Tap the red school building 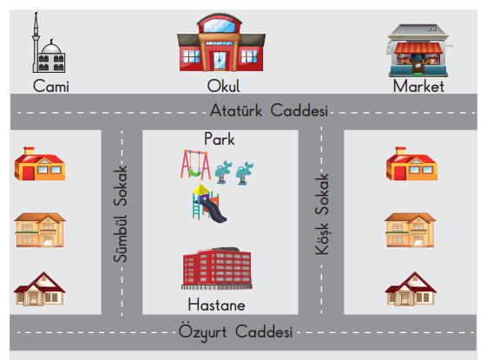tap(221, 43)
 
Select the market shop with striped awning tap(418, 50)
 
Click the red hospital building tap(217, 268)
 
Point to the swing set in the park tap(195, 165)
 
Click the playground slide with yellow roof tap(208, 204)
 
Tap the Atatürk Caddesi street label tap(268, 110)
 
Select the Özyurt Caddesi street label tap(235, 332)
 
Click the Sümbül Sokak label tap(120, 213)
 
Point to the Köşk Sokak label tap(322, 214)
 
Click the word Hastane tap(216, 304)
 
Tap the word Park tap(220, 139)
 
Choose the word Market tap(418, 86)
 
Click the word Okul tap(223, 86)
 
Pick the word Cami tap(51, 86)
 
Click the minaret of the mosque tap(36, 42)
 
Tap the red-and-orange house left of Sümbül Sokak tap(40, 164)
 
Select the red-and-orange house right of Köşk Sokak tap(411, 164)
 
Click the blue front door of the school tap(220, 61)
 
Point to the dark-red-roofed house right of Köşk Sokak tap(411, 289)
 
